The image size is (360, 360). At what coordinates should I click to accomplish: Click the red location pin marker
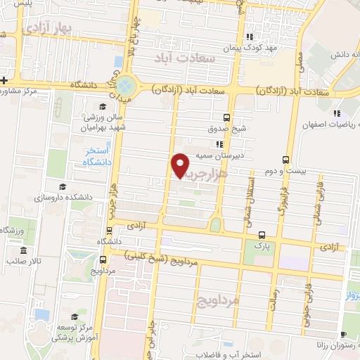coord(181,165)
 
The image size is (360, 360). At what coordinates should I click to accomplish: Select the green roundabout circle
coord(126,86)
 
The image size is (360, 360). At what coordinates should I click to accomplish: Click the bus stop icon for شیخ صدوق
coord(226,117)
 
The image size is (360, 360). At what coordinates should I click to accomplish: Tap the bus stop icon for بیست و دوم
coord(285,159)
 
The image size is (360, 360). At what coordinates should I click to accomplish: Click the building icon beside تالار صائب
coord(24,251)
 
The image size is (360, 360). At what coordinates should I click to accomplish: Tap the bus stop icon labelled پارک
coord(262,235)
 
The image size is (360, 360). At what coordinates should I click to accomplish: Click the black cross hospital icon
coord(4,79)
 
